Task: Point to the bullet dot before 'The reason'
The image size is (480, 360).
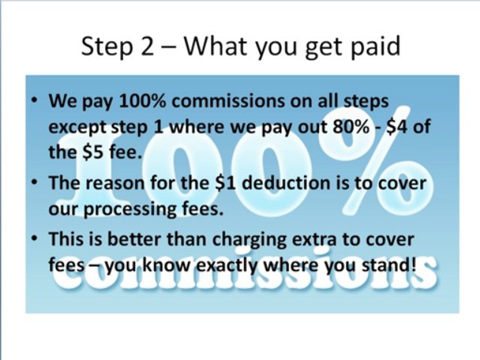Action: click(x=36, y=183)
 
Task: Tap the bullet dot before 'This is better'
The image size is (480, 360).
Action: click(x=36, y=238)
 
